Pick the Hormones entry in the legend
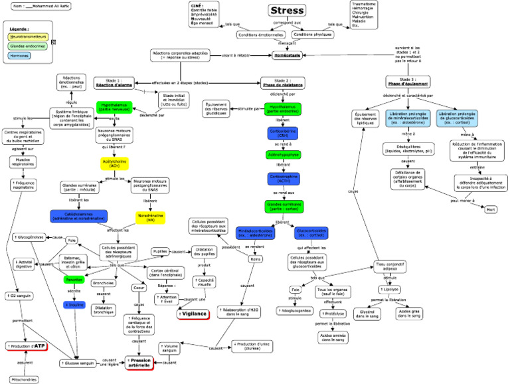[x=20, y=56]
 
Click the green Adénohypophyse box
[x=282, y=154]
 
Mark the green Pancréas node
[x=74, y=280]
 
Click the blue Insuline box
[x=74, y=305]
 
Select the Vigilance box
[x=195, y=313]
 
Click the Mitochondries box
[x=24, y=379]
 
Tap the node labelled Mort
[x=491, y=209]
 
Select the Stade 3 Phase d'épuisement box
[x=407, y=82]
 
